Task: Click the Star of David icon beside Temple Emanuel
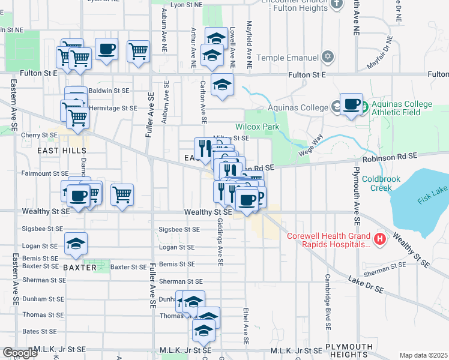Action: (327, 58)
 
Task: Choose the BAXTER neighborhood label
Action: (79, 267)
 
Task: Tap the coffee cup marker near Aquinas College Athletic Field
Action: (352, 104)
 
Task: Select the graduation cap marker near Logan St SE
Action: (76, 244)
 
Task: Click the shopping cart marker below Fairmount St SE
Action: (122, 194)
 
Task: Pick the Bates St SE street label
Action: (39, 331)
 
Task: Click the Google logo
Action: (20, 353)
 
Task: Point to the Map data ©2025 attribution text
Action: (423, 355)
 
